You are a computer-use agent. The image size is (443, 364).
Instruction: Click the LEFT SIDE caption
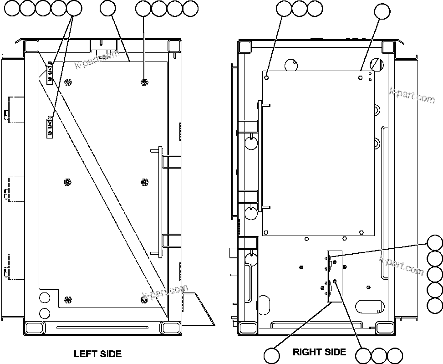coord(97,354)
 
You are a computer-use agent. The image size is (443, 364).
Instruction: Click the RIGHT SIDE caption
coord(319,352)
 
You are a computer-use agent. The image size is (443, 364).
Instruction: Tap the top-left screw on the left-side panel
coord(68,82)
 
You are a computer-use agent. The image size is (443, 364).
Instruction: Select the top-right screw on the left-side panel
coord(144,82)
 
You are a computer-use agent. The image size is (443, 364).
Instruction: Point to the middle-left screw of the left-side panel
coord(67,182)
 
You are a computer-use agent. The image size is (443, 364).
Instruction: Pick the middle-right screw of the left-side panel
coord(144,182)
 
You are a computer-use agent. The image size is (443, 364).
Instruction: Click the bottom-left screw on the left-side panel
coord(68,300)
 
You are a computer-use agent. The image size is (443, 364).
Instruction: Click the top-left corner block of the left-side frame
coord(31,46)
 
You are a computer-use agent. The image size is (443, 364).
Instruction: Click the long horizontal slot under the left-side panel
coord(102,327)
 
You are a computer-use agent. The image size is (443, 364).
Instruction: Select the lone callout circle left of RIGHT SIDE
coord(272,355)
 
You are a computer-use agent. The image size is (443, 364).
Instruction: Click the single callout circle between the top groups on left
coord(107,8)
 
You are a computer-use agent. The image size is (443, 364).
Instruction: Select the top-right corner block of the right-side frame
coord(388,46)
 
